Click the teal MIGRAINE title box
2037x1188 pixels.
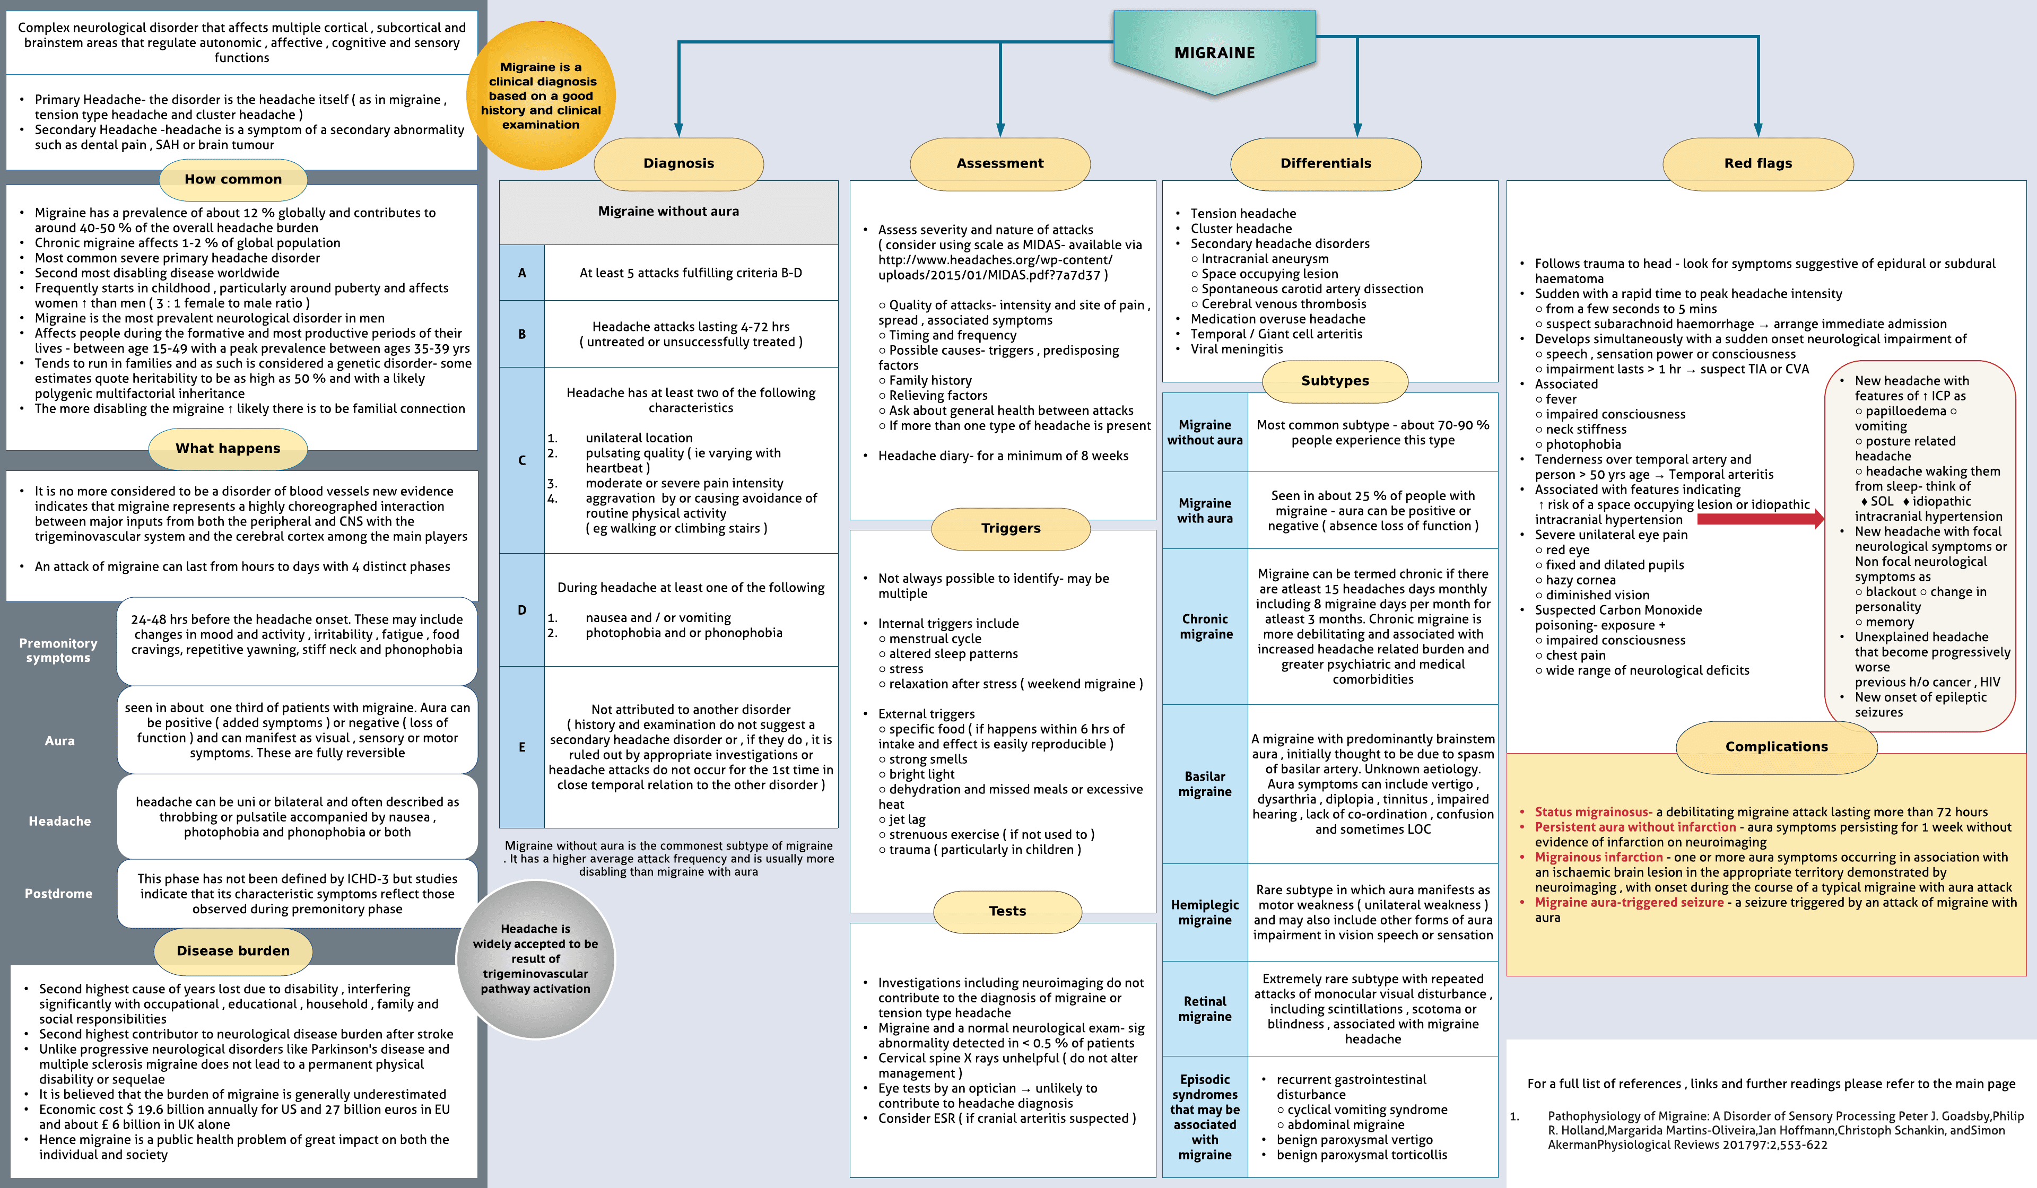tap(1214, 53)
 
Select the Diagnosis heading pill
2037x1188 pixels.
tap(678, 163)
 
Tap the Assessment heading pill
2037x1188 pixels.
tap(1000, 163)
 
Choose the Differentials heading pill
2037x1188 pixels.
tap(1326, 163)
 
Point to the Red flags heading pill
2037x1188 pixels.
tap(1758, 163)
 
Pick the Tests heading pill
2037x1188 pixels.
tap(1007, 911)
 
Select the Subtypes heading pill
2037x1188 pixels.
tap(1335, 381)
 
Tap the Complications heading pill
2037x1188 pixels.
tap(1776, 747)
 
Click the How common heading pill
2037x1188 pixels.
tap(233, 179)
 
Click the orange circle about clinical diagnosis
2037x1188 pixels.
tap(541, 95)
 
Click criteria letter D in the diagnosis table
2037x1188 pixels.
tap(522, 610)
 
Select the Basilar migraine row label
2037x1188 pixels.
tap(1204, 784)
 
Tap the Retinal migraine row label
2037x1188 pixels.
tap(1204, 1009)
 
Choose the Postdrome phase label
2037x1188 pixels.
tap(58, 894)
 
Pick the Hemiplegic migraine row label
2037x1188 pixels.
tap(1204, 912)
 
